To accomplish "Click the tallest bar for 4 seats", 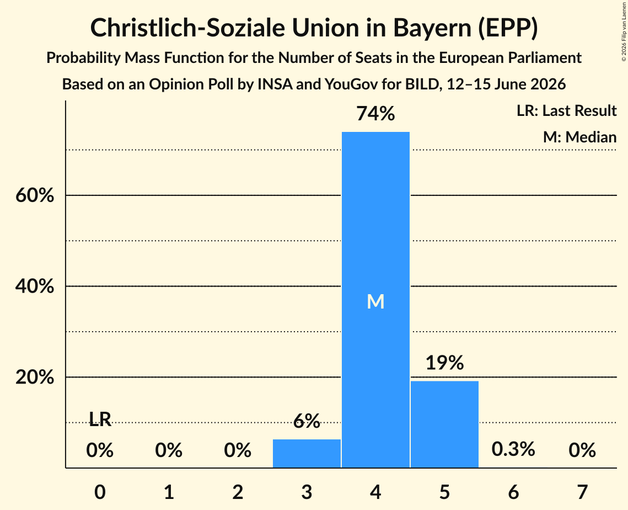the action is click(375, 300).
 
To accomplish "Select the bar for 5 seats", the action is click(444, 424).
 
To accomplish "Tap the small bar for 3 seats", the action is click(307, 454).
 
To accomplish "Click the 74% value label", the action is click(375, 114).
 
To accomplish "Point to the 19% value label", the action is click(444, 363).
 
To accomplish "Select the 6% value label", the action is click(307, 421).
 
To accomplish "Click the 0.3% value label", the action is click(513, 449).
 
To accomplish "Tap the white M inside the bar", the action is click(375, 301).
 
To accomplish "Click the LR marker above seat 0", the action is click(100, 419).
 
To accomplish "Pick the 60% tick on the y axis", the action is click(35, 195).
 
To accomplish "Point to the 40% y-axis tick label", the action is click(35, 286).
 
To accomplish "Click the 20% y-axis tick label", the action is click(35, 378).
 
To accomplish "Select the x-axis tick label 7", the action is click(582, 492).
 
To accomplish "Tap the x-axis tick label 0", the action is click(100, 492).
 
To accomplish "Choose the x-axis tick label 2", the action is click(238, 492).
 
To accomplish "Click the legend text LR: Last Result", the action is click(566, 110).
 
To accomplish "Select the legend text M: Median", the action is click(579, 137).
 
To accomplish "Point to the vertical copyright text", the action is click(624, 31).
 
